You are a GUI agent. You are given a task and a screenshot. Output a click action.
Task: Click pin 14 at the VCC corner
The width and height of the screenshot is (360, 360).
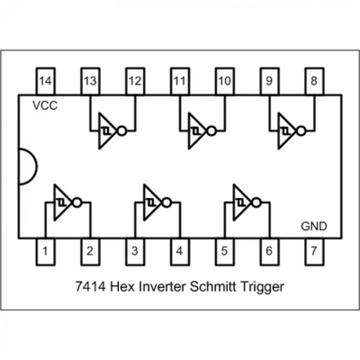[x=45, y=81]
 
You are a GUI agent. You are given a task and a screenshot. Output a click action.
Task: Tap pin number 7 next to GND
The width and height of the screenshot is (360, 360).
[x=314, y=251]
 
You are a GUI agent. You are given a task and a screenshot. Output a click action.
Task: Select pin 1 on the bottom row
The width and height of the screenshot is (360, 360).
[x=45, y=251]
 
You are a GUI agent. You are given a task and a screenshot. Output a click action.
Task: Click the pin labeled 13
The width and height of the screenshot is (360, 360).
[x=90, y=81]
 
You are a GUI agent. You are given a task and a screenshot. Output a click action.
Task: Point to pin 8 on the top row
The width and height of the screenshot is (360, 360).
[x=314, y=81]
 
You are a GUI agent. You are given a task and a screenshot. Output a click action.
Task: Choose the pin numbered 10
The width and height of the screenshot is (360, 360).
[x=224, y=81]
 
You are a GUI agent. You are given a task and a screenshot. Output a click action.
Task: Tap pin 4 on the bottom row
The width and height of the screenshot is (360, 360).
[x=179, y=251]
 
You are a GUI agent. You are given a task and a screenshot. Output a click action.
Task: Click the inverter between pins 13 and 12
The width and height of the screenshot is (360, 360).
[x=109, y=131]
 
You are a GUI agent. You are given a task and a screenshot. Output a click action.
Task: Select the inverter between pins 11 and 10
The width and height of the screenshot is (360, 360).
[x=199, y=131]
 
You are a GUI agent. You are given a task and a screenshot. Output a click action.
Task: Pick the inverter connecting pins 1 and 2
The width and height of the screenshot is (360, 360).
[x=64, y=202]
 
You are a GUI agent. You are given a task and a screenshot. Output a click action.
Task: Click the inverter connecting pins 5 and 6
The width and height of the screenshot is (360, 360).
[x=243, y=202]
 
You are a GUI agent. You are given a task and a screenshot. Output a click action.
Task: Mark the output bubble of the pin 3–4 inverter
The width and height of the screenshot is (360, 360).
[x=166, y=203]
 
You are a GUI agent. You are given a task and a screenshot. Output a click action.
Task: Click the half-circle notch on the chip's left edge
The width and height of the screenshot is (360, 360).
[x=27, y=167]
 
